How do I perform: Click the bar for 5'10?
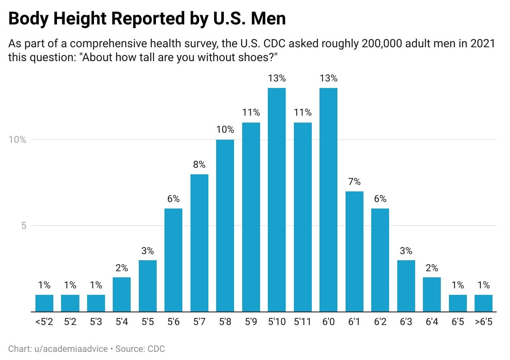coord(277,200)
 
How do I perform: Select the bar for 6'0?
coord(328,200)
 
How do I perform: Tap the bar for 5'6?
coord(173,260)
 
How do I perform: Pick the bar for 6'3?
coord(406,286)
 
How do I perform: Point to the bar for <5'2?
coord(44,303)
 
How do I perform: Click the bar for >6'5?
coord(484,303)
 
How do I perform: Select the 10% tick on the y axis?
coord(18,140)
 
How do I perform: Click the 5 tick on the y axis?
coord(23,226)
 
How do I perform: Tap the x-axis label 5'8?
coord(225,322)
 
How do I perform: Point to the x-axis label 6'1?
coord(354,322)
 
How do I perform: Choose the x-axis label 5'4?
coord(122,322)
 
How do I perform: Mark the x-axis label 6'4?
coord(432,322)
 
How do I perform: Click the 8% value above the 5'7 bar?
coord(199,165)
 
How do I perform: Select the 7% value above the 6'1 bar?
coord(354,182)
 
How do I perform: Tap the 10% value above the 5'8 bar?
coord(225,130)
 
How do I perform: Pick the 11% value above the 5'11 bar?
coord(302,113)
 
